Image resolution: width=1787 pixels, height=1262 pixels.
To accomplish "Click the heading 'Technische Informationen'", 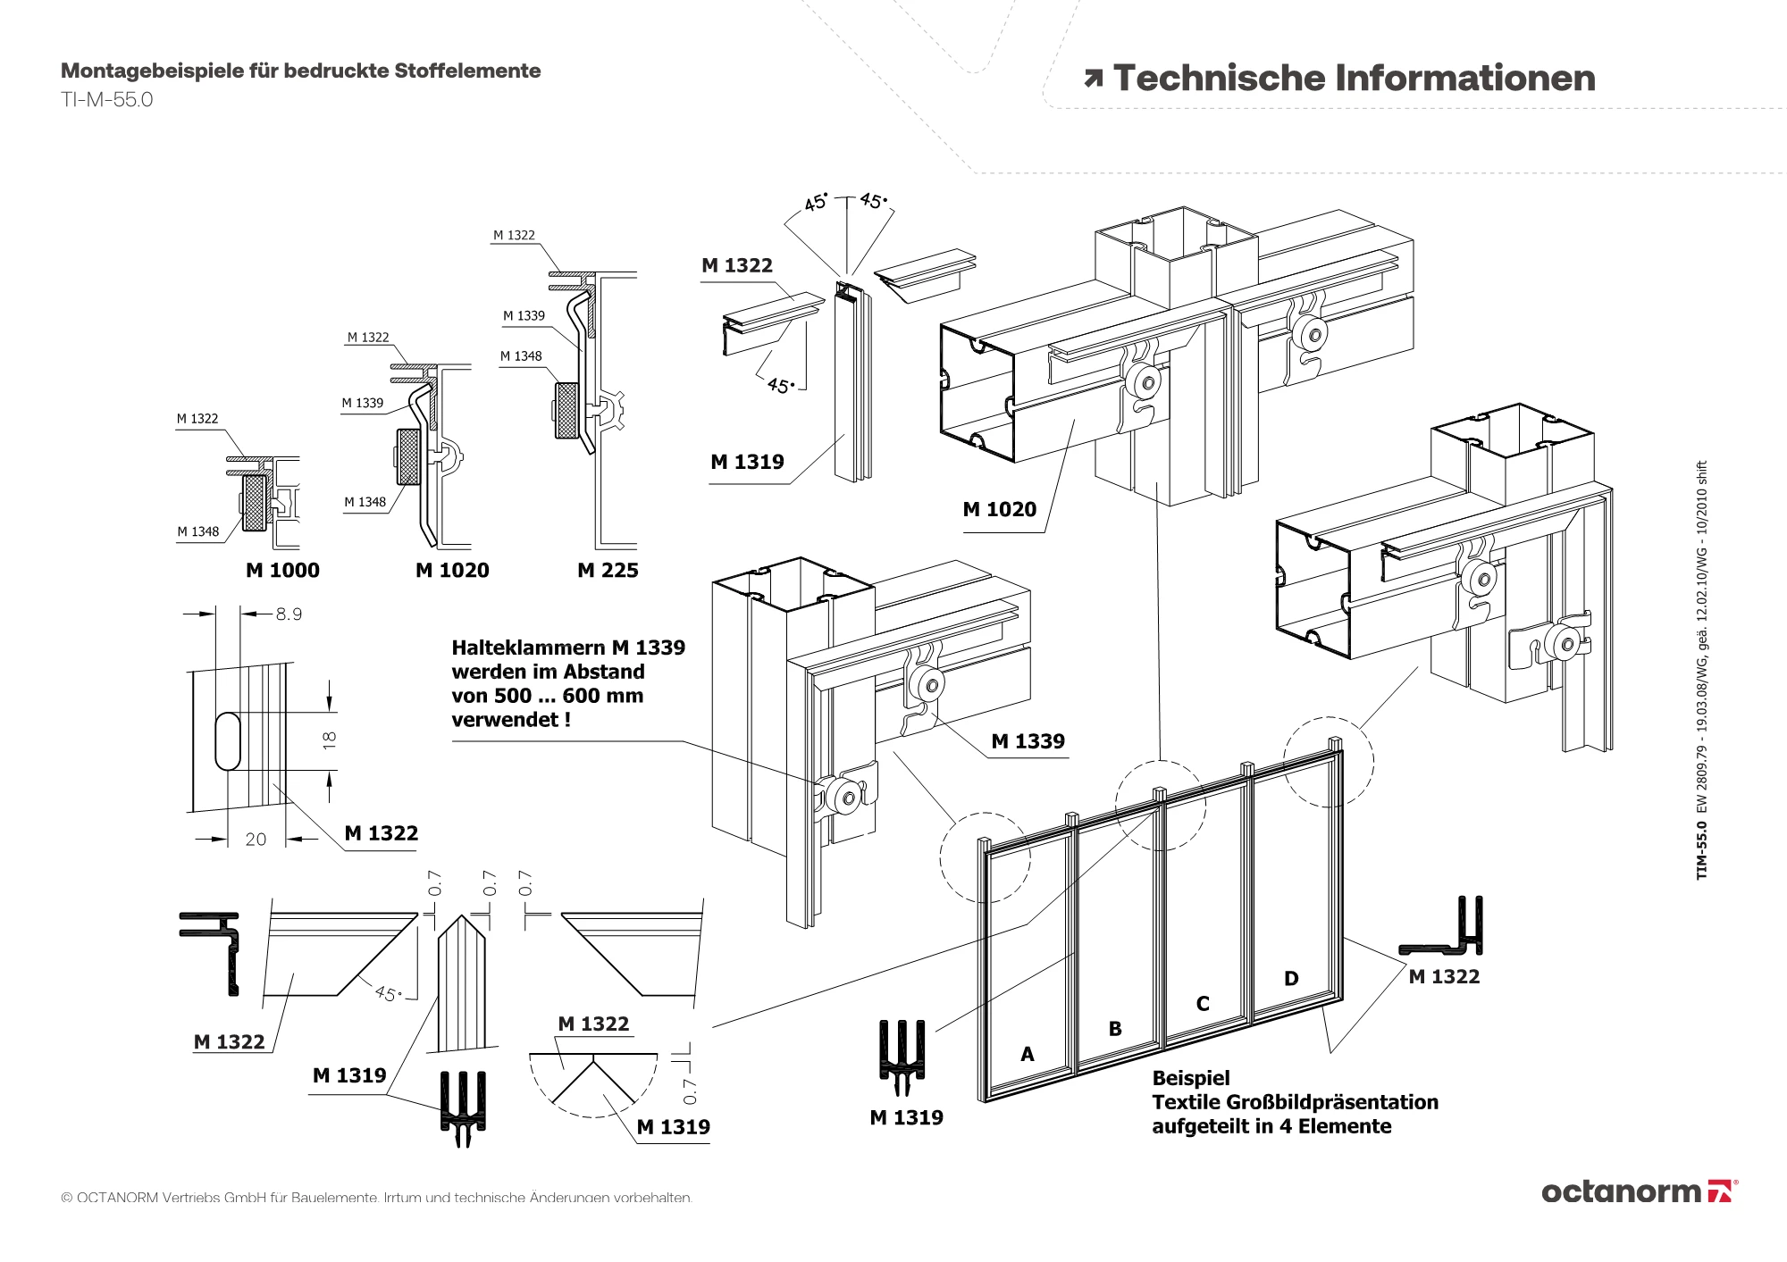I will coord(1354,79).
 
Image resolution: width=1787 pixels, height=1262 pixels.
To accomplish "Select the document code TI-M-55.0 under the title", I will coord(107,100).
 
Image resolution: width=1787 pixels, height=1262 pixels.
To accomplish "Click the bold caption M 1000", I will coord(282,571).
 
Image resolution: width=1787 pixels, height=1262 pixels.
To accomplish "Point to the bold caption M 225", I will coord(608,571).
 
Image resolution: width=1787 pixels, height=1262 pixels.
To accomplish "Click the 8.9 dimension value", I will coord(289,614).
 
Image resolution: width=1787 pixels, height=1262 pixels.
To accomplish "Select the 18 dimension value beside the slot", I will coord(330,740).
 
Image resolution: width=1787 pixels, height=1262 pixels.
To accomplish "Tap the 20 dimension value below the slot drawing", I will coord(256,840).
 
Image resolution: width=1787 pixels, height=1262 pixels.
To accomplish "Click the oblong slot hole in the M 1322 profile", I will coord(228,740).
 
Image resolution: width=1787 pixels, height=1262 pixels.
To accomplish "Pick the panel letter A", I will coord(1028,1055).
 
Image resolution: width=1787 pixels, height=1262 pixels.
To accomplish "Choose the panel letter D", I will coord(1291,979).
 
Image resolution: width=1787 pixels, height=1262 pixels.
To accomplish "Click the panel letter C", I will coord(1203,1004).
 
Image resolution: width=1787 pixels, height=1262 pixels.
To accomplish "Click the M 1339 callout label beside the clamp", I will coord(1028,741).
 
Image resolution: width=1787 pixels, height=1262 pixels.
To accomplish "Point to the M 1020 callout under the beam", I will coord(999,510).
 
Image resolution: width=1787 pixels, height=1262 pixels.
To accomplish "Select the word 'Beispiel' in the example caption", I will coord(1190,1078).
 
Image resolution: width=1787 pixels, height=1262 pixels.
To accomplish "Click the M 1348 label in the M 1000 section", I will coord(197,532).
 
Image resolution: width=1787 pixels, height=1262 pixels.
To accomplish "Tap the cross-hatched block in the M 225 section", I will coord(566,411).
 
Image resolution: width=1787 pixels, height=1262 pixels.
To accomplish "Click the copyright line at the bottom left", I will coord(376,1198).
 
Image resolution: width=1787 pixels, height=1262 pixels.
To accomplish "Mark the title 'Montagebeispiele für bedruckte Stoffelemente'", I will coord(300,71).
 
